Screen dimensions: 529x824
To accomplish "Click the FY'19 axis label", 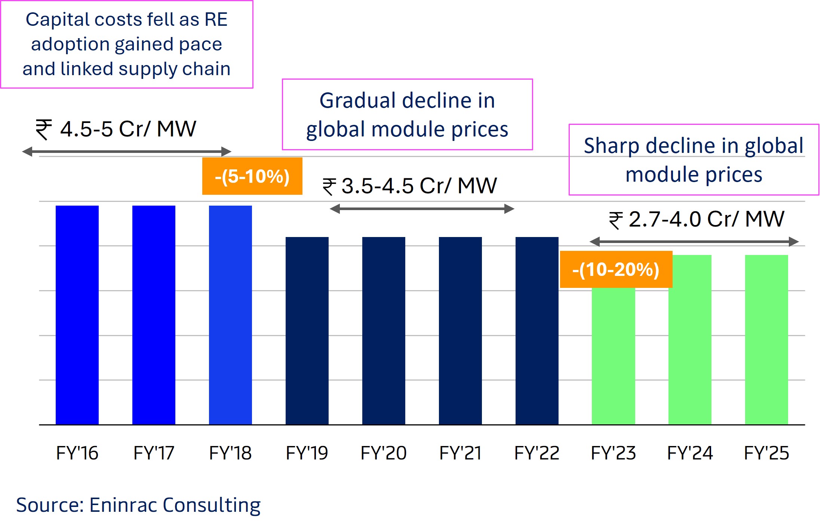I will pos(307,453).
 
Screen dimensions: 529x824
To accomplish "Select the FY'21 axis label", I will pos(460,453).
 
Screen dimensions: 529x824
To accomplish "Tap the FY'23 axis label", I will pos(613,453).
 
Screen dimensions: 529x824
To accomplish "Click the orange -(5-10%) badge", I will pos(252,176).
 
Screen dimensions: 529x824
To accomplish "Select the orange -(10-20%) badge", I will pos(616,270).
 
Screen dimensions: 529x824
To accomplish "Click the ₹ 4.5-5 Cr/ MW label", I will pos(116,129).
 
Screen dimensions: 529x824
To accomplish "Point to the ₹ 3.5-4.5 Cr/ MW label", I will pos(410,186).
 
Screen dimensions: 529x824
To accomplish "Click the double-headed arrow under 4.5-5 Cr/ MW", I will pos(127,151).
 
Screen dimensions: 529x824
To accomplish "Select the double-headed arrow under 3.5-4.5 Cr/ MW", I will pos(422,209).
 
